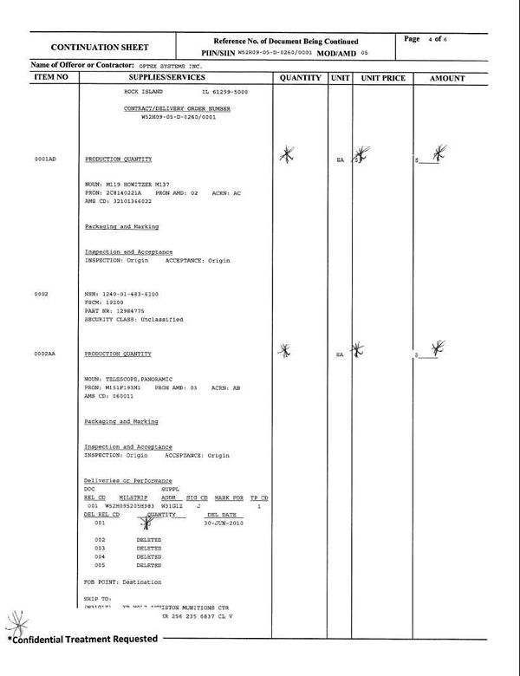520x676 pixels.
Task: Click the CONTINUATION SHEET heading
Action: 100,47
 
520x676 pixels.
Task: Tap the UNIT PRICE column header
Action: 383,78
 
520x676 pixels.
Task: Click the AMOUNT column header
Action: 447,78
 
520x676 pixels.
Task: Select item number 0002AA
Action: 45,354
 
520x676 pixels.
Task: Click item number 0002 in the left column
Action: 41,295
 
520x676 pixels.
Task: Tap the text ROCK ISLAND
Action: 144,91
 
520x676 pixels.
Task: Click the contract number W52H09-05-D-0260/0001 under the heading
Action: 179,116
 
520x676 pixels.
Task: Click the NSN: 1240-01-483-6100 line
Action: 121,295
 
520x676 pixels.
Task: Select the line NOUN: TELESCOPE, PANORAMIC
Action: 129,380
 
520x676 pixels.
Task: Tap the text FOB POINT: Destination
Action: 123,582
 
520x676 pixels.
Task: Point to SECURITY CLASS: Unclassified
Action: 133,320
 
